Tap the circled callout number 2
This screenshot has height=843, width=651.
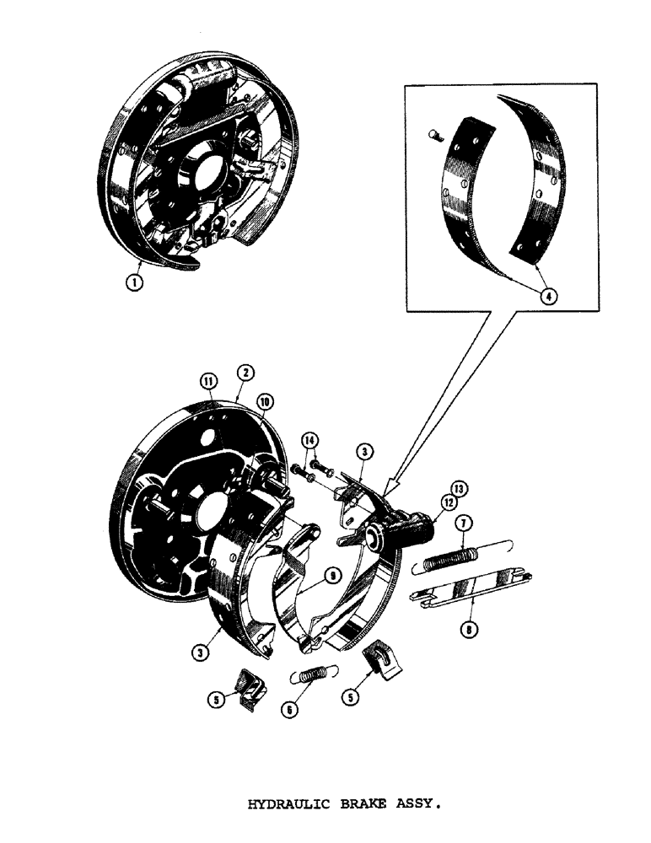243,372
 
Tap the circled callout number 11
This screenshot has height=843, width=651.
207,382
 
